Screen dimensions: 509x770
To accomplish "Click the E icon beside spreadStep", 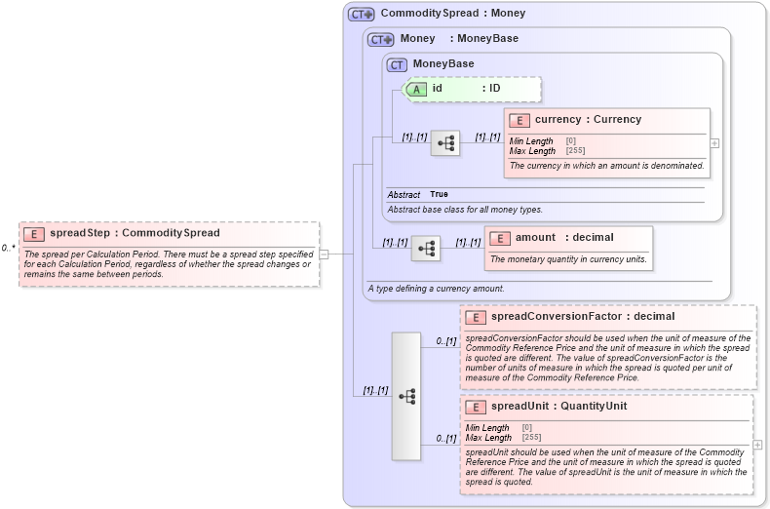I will tap(34, 234).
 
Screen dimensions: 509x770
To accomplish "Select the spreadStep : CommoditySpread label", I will tap(135, 234).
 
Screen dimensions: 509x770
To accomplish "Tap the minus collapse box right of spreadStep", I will tap(324, 254).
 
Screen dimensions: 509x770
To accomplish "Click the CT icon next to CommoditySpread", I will tap(362, 15).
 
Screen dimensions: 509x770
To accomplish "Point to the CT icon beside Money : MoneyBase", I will tap(380, 40).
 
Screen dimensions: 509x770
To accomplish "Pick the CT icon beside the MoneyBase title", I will tap(397, 65).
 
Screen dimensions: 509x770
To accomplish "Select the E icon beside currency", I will tap(519, 120).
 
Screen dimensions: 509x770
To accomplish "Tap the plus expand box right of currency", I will tap(714, 142).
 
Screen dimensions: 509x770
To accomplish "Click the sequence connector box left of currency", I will tap(445, 143).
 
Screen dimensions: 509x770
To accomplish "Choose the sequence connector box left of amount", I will tap(426, 249).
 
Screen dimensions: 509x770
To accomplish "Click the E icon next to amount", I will tap(499, 238).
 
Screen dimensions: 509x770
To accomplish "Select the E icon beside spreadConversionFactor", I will tap(476, 317).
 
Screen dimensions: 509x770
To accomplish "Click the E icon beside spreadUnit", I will tap(476, 407).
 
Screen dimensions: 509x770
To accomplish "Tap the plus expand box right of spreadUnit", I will tap(757, 445).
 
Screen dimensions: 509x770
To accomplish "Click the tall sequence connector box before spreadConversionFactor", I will tap(406, 396).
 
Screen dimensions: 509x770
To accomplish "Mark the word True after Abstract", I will tap(440, 195).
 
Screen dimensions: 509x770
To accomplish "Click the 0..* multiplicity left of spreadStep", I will tap(8, 248).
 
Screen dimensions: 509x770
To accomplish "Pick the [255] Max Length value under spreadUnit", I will tap(531, 438).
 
